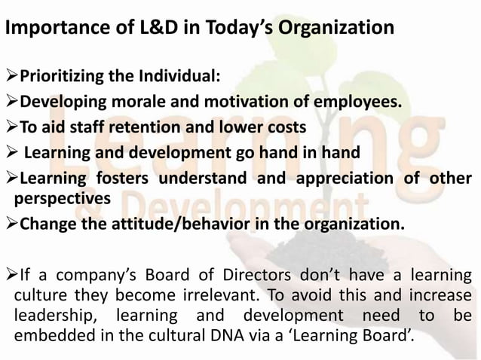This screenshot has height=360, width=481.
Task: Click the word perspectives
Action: pyautogui.click(x=60, y=197)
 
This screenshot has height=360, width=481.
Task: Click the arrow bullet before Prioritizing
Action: pyautogui.click(x=11, y=77)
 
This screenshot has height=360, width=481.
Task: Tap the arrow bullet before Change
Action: pyautogui.click(x=11, y=224)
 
